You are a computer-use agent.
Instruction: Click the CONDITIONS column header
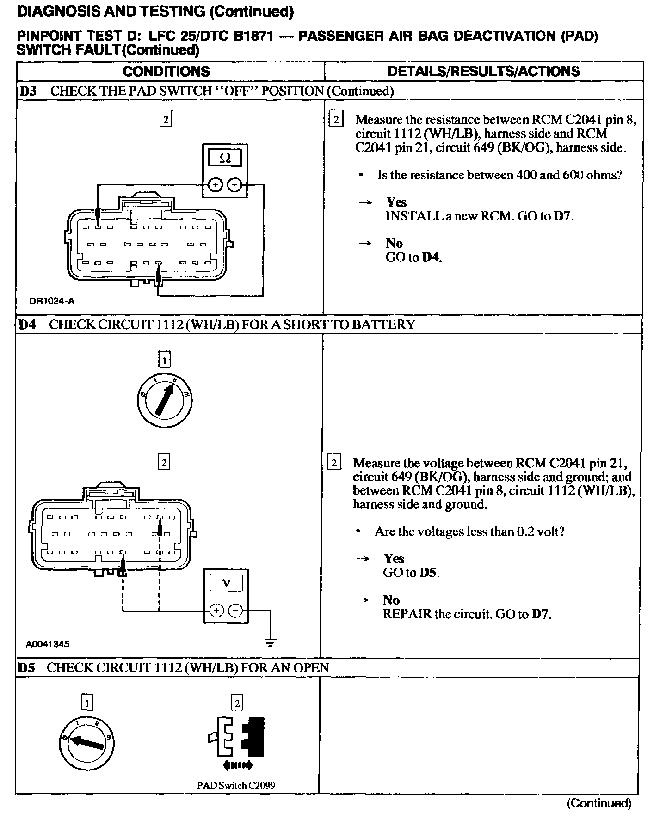coord(166,71)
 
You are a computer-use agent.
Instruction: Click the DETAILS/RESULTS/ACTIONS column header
coord(483,71)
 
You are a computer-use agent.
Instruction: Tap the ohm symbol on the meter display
coord(225,158)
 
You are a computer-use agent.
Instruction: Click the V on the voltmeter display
coord(227,583)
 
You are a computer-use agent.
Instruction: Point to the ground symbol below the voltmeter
coord(271,642)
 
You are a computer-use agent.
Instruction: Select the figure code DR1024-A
coord(52,301)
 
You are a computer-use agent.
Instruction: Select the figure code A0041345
coord(48,644)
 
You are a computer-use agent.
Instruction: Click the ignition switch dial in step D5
coord(87,743)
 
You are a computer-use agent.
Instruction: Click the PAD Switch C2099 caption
coord(236,785)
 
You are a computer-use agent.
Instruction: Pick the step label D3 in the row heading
coord(28,91)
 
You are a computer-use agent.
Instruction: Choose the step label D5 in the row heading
coord(27,667)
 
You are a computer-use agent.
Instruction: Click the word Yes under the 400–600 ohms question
coord(396,202)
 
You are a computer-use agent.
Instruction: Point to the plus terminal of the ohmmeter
coord(215,185)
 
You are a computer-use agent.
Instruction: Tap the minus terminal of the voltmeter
coord(236,611)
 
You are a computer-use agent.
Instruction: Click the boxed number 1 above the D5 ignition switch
coord(87,703)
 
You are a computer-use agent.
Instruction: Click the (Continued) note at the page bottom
coord(599,803)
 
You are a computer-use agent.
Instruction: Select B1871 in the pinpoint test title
coord(253,36)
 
